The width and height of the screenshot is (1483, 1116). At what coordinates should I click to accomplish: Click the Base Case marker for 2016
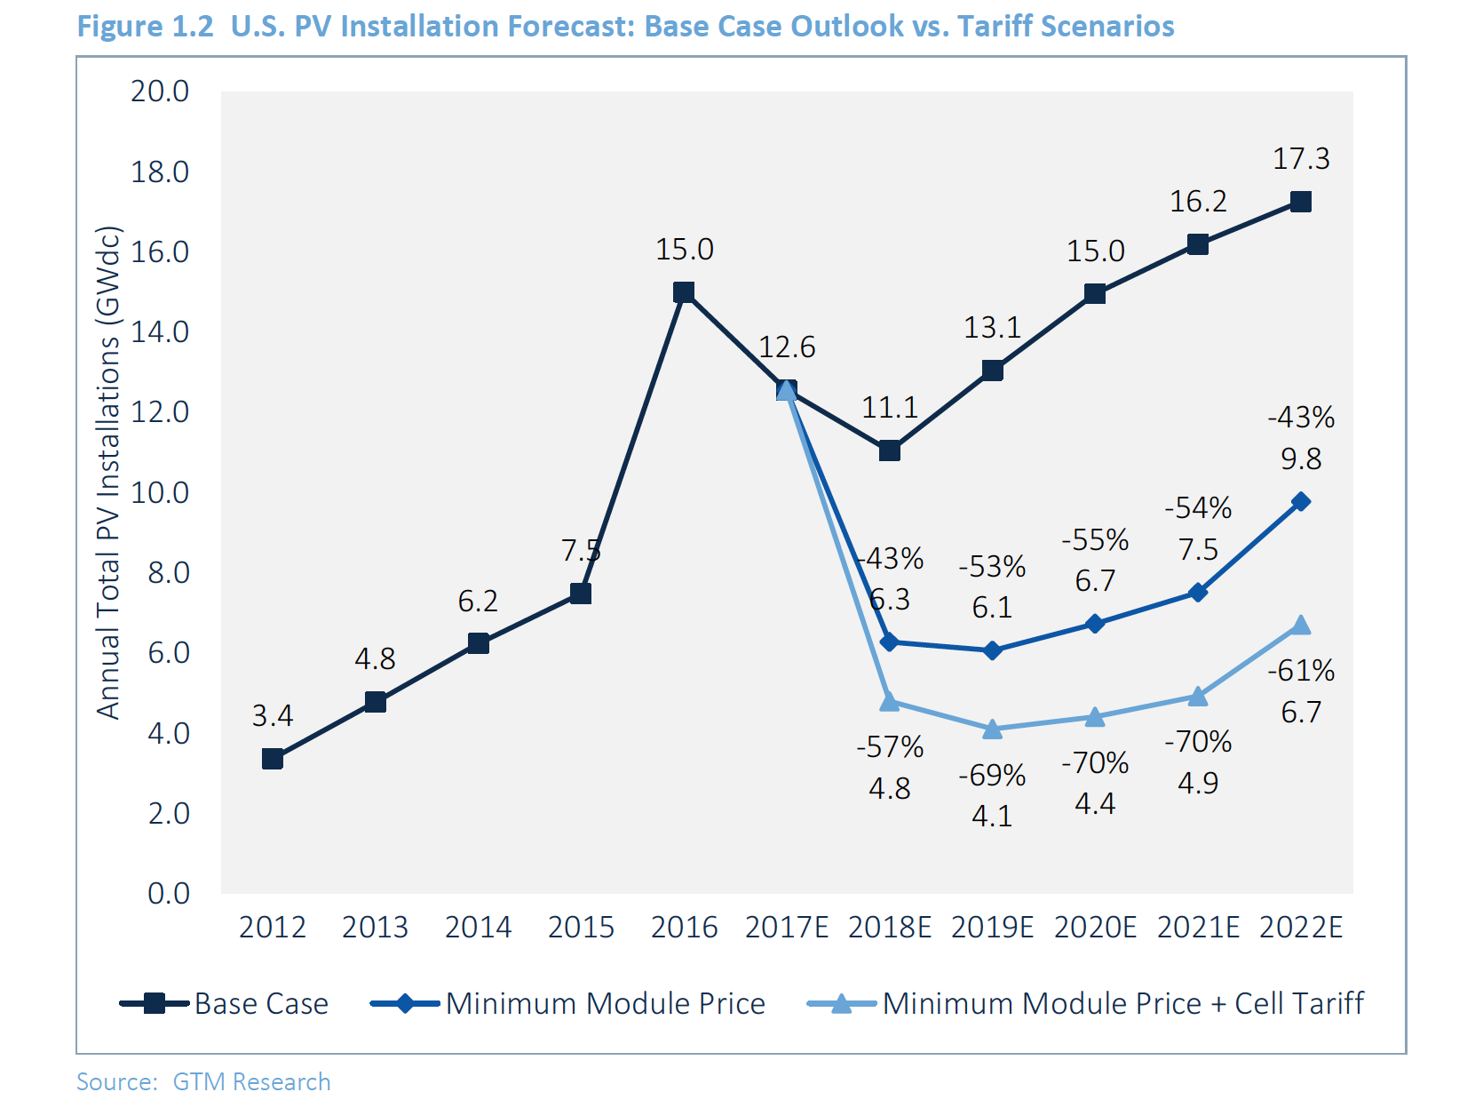(684, 292)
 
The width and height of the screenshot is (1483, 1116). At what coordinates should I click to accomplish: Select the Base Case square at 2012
(273, 759)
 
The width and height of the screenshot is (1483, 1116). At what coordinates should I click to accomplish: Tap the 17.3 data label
(1301, 159)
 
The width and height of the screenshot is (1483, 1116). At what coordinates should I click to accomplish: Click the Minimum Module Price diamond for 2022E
(1301, 502)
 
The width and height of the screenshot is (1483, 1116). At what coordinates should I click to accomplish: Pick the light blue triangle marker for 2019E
(993, 729)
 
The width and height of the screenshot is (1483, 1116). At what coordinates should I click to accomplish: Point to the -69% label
(992, 776)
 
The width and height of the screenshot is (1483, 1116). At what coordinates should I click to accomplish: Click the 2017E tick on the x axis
(787, 928)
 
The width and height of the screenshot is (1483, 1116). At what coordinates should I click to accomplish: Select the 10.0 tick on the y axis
(160, 493)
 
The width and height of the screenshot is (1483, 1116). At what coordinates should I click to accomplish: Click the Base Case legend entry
(225, 1004)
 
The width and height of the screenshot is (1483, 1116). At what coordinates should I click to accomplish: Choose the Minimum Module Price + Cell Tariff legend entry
(1085, 1004)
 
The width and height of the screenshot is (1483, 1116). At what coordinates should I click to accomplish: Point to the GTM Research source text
(251, 1082)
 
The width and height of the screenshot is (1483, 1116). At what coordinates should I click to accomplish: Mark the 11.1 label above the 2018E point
(890, 408)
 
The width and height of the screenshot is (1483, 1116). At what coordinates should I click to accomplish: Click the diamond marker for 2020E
(1095, 624)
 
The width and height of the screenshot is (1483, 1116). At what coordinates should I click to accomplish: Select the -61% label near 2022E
(1301, 671)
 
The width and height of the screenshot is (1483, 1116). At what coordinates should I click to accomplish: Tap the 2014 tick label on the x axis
(478, 928)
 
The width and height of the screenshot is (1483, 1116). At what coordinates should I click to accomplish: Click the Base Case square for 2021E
(1198, 244)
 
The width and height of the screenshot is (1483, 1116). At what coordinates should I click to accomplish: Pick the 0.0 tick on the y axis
(169, 894)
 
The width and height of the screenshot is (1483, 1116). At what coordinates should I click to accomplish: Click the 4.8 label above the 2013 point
(375, 659)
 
